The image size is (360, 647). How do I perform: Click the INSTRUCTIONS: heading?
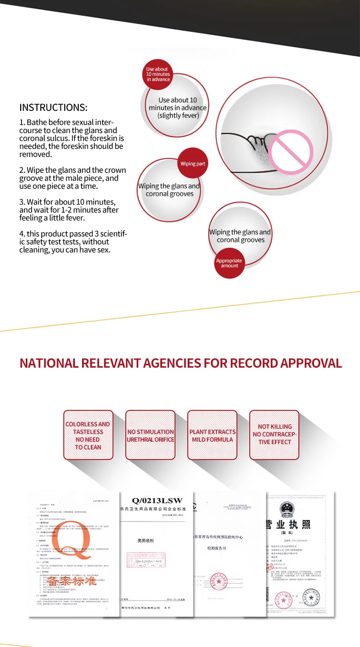click(53, 108)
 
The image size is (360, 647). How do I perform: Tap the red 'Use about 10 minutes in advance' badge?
click(158, 74)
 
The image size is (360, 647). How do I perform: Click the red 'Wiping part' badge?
click(192, 164)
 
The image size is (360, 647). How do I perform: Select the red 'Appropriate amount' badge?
click(229, 263)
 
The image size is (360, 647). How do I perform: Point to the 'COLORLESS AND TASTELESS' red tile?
click(88, 435)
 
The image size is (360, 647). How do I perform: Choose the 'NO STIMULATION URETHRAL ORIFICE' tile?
click(150, 435)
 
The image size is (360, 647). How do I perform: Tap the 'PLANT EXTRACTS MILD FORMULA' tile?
click(212, 435)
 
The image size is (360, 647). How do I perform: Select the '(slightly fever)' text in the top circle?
click(178, 116)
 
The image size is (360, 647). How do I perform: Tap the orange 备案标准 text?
click(72, 581)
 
